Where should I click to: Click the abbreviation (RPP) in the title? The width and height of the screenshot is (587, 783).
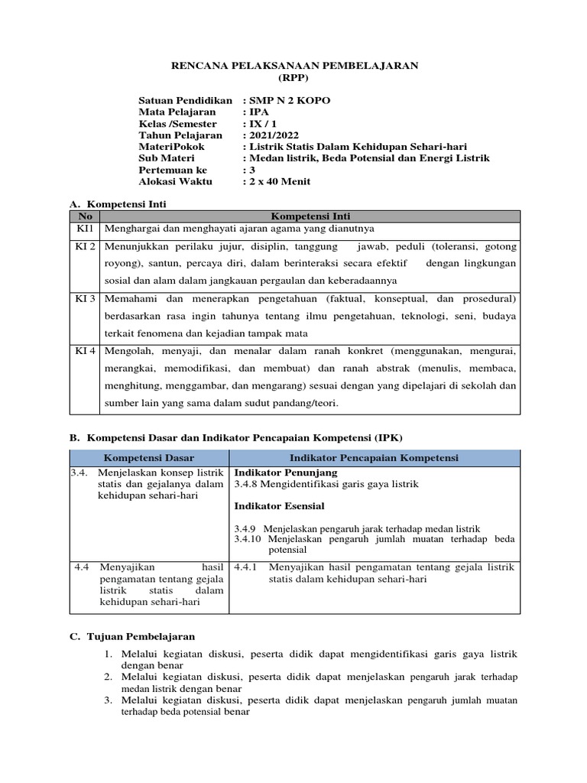[x=293, y=78]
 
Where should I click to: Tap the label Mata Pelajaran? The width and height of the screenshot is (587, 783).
[x=177, y=112]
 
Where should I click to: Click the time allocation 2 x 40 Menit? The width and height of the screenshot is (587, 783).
[x=279, y=181]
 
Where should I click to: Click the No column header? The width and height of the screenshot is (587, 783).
[x=85, y=216]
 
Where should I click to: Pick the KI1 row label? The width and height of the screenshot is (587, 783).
[x=85, y=229]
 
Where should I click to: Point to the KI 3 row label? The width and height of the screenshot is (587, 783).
[x=85, y=297]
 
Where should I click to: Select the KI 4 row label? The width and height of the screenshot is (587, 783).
[x=85, y=351]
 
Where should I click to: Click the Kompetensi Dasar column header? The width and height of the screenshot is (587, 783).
[x=149, y=457]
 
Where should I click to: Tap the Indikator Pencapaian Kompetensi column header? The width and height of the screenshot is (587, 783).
[x=374, y=457]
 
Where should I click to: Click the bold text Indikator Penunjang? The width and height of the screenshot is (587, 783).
[x=280, y=473]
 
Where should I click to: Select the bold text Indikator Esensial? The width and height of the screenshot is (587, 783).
[x=279, y=506]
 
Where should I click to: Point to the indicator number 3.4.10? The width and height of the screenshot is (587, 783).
[x=248, y=539]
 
